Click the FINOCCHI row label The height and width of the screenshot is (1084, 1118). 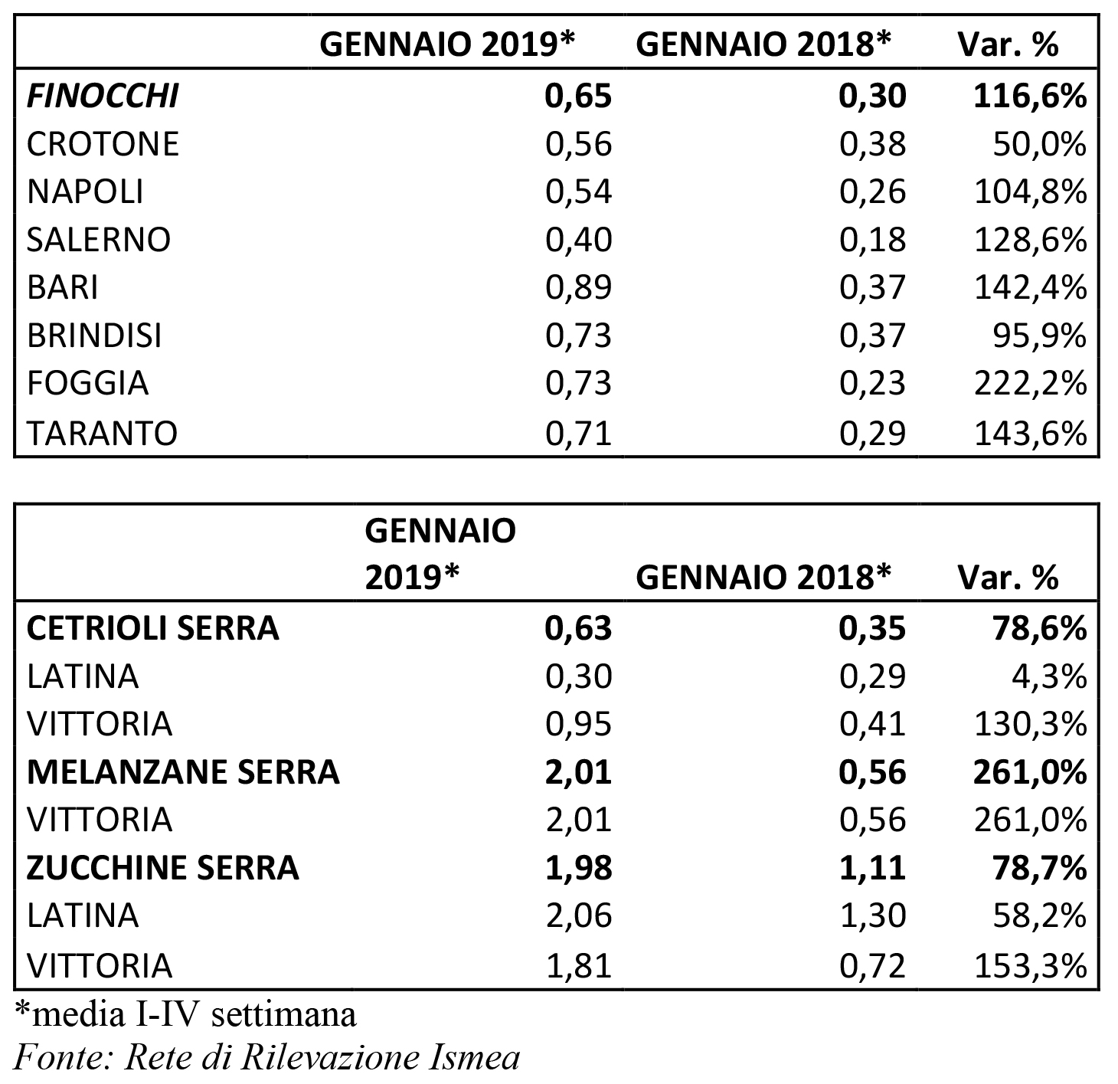pos(103,96)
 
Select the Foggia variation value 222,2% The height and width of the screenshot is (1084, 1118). pos(1030,383)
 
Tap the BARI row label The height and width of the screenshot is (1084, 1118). pos(62,287)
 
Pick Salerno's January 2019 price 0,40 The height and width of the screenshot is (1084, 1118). pos(579,240)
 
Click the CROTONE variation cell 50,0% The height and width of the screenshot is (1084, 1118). pos(1039,144)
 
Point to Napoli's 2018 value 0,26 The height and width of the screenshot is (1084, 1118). pos(873,192)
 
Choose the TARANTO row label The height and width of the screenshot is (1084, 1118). pos(102,434)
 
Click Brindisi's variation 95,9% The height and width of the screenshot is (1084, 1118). pos(1039,336)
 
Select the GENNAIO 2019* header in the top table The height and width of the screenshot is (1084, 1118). pos(447,44)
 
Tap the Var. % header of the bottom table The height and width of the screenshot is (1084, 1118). pos(1008,577)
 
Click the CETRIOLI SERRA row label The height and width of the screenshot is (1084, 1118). pos(153,628)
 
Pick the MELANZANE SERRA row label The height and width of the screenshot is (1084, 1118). pos(183,772)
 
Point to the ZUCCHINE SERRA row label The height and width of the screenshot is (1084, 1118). pos(162,868)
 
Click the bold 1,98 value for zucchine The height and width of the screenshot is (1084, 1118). pos(579,868)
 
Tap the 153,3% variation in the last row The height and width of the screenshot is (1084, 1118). pos(1030,965)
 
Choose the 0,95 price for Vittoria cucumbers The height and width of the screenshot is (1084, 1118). pos(579,724)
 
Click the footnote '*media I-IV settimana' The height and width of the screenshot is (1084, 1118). pos(185,1014)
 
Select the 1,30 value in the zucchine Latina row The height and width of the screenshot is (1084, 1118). pos(873,916)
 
